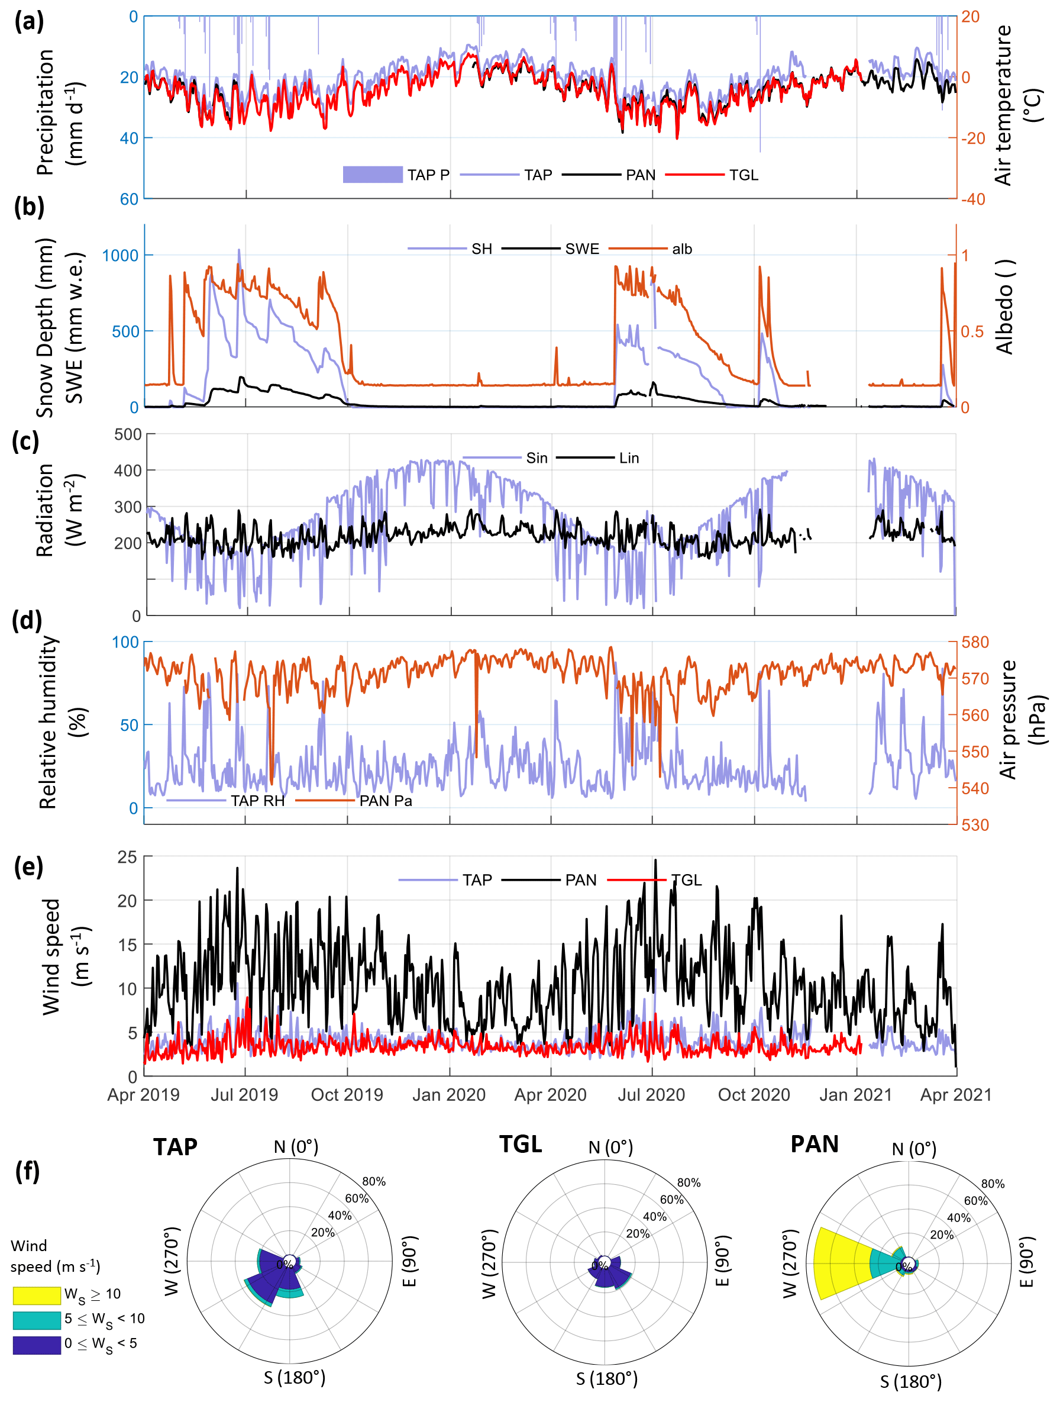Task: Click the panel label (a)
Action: click(x=29, y=21)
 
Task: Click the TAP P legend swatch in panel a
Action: click(x=372, y=175)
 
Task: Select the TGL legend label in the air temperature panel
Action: click(x=743, y=175)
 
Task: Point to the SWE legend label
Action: click(x=581, y=249)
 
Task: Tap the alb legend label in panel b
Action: click(x=682, y=249)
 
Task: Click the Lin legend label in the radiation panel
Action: click(x=629, y=457)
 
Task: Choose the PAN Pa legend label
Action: click(x=385, y=801)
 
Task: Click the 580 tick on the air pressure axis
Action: click(x=975, y=642)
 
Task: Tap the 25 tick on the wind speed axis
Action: click(x=127, y=857)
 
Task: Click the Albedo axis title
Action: click(x=1005, y=306)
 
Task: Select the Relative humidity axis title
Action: click(x=49, y=723)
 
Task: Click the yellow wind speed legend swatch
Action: click(x=37, y=1295)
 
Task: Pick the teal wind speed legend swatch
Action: click(x=37, y=1320)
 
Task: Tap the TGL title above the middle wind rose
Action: click(x=520, y=1144)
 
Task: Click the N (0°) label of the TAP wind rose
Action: click(x=296, y=1146)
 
